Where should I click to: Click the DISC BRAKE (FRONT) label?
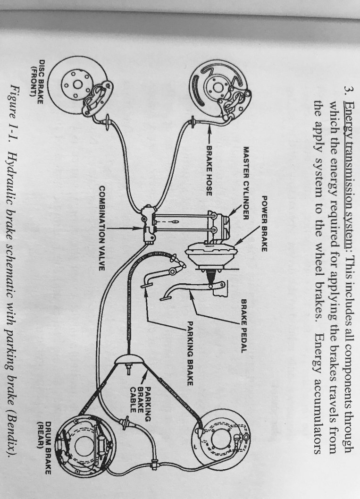tap(35, 78)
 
